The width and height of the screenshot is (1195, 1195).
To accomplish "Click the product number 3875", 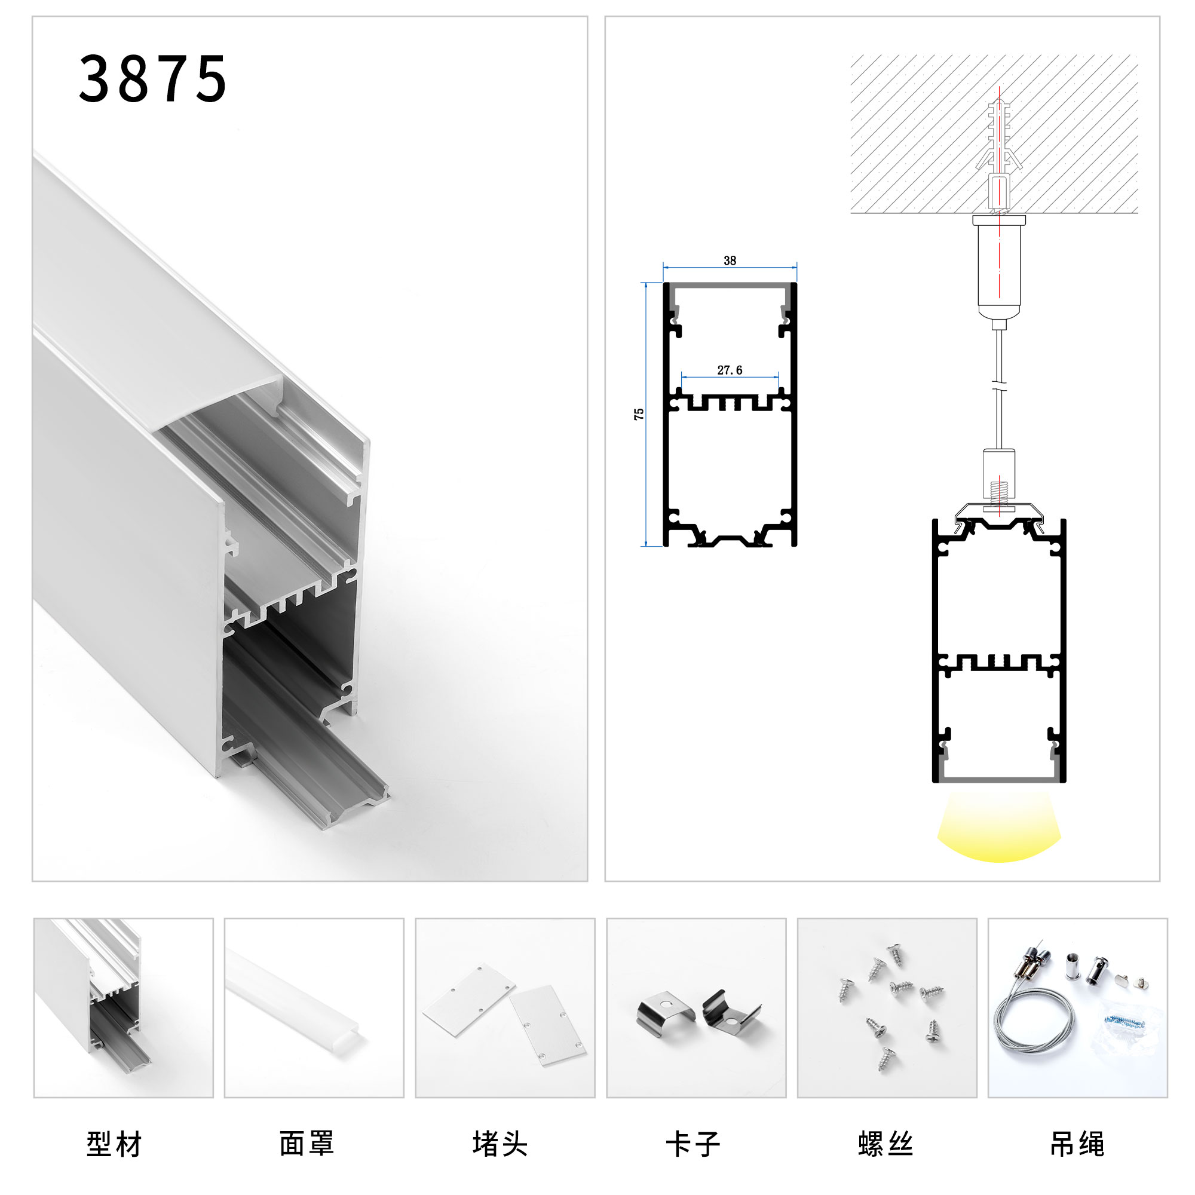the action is click(x=152, y=79).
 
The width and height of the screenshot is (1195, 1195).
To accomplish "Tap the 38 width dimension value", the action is click(x=730, y=261).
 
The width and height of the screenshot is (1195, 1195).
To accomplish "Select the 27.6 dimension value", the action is click(x=730, y=370).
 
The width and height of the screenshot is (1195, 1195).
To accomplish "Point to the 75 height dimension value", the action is click(x=639, y=415).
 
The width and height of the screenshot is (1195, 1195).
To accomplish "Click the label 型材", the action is click(x=115, y=1144).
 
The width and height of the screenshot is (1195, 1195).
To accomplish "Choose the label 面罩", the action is click(x=307, y=1144).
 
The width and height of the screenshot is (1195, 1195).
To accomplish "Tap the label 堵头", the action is click(x=500, y=1144).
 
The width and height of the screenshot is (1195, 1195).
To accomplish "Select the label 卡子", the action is click(x=693, y=1144).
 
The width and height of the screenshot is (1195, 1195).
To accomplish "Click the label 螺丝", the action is click(x=885, y=1144).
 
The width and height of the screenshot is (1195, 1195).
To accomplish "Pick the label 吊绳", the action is click(x=1077, y=1144).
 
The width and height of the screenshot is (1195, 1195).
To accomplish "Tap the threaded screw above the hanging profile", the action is click(x=998, y=495).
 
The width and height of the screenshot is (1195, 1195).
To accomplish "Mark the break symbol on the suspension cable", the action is click(x=999, y=387).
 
